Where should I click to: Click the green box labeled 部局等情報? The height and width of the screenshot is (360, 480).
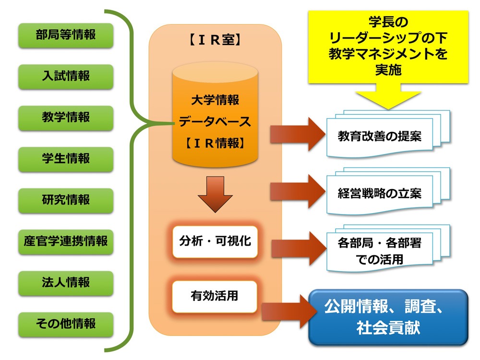(x=66, y=35)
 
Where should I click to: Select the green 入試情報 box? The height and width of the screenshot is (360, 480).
(x=66, y=76)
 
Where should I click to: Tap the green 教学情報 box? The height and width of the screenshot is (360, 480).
(x=66, y=118)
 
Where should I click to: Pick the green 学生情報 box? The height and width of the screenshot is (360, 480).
(x=66, y=159)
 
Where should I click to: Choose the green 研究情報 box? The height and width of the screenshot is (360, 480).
(x=66, y=200)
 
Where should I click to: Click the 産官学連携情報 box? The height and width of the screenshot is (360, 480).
(x=66, y=241)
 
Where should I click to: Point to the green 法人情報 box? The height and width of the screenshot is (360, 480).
(x=66, y=283)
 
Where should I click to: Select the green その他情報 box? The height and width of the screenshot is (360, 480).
(x=66, y=324)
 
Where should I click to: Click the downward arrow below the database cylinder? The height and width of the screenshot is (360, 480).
(x=215, y=193)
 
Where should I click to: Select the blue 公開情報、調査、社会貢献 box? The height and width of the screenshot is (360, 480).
(x=388, y=317)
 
